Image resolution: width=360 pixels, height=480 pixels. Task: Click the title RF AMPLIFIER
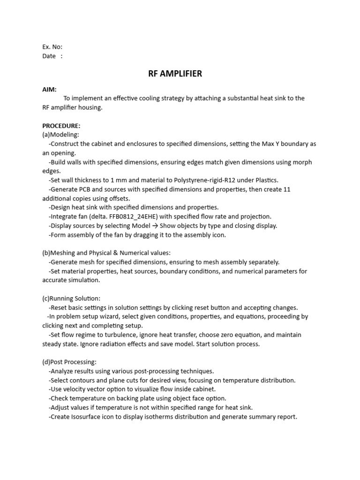[175, 74]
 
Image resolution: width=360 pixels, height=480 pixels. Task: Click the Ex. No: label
[52, 47]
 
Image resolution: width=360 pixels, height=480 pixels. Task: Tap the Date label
[49, 56]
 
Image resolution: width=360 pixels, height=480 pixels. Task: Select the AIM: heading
[50, 89]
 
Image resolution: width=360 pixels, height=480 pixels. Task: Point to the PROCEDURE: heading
[61, 126]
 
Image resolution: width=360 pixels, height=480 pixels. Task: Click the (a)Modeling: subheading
[61, 135]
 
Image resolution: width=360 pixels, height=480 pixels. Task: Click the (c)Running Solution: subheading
[71, 298]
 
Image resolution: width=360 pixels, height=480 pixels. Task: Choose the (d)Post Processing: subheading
[69, 362]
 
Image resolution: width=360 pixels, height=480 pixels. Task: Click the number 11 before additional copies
[300, 189]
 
